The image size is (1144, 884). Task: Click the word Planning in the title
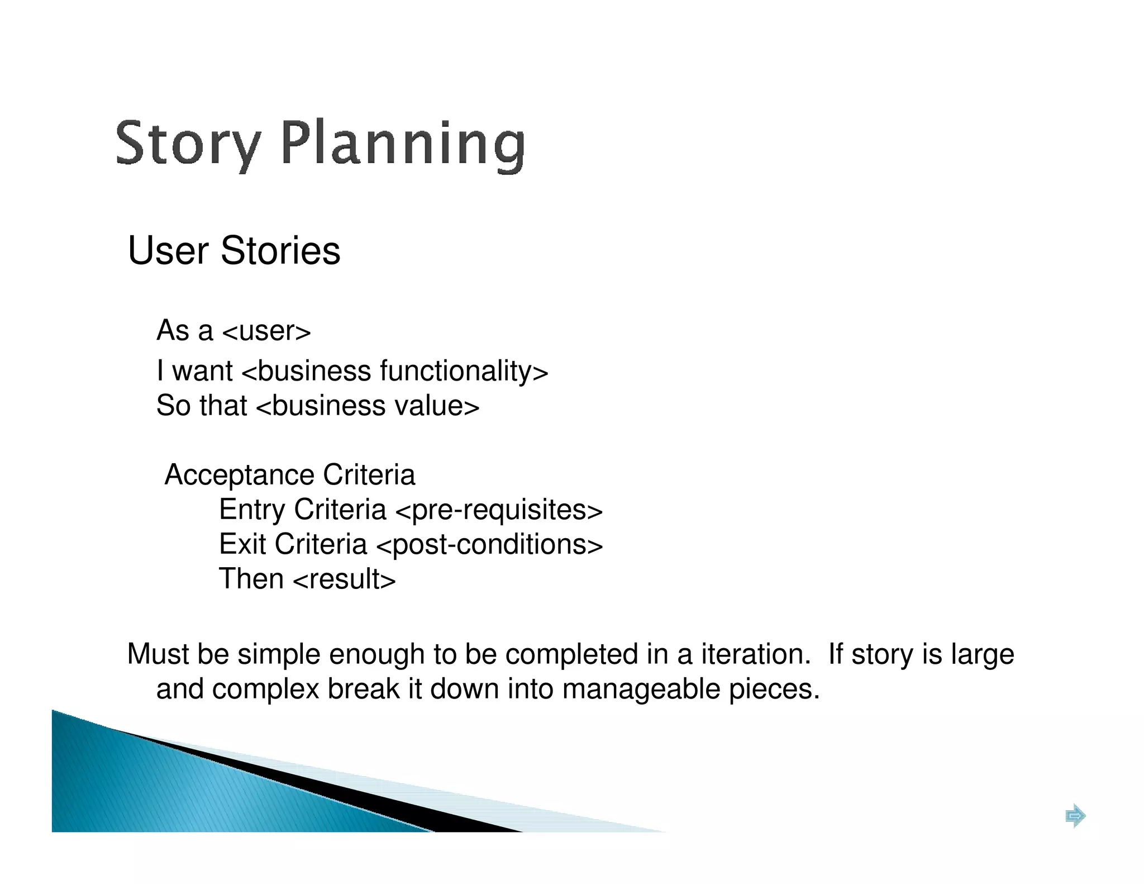pyautogui.click(x=402, y=144)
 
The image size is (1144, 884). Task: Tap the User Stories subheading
pyautogui.click(x=234, y=250)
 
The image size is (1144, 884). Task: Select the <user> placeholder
pyautogui.click(x=266, y=331)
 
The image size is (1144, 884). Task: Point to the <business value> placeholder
pyautogui.click(x=368, y=406)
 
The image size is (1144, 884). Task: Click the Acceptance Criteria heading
pyautogui.click(x=290, y=475)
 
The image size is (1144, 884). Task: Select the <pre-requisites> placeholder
pyautogui.click(x=499, y=510)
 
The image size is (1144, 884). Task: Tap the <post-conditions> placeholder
pyautogui.click(x=490, y=545)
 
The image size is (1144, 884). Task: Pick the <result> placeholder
pyautogui.click(x=344, y=579)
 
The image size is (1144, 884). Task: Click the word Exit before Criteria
pyautogui.click(x=242, y=544)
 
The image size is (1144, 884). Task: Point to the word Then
pyautogui.click(x=251, y=579)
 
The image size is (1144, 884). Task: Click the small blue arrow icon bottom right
pyautogui.click(x=1075, y=816)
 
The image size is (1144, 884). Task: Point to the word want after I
pyautogui.click(x=202, y=371)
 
